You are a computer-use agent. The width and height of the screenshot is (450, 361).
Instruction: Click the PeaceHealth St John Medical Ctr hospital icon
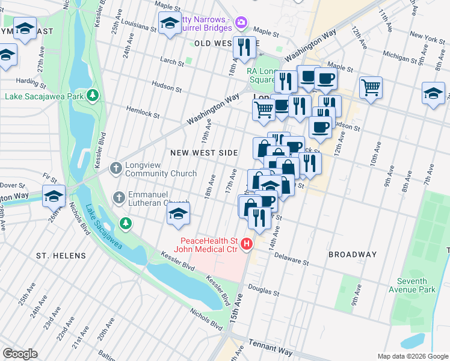click(246, 244)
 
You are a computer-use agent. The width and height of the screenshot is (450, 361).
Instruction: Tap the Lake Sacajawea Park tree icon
click(92, 96)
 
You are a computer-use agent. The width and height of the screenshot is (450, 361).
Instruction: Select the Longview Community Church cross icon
click(116, 169)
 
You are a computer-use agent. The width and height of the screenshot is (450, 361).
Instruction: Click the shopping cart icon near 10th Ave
click(371, 88)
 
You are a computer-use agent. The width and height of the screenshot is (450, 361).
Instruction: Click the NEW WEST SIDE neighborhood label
click(204, 153)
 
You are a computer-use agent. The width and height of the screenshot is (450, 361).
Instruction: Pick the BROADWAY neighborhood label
click(353, 255)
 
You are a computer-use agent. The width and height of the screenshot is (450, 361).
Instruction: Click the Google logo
click(20, 354)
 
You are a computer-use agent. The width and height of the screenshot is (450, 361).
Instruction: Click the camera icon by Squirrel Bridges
click(241, 22)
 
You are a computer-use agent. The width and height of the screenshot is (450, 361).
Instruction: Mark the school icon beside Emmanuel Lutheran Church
click(178, 214)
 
